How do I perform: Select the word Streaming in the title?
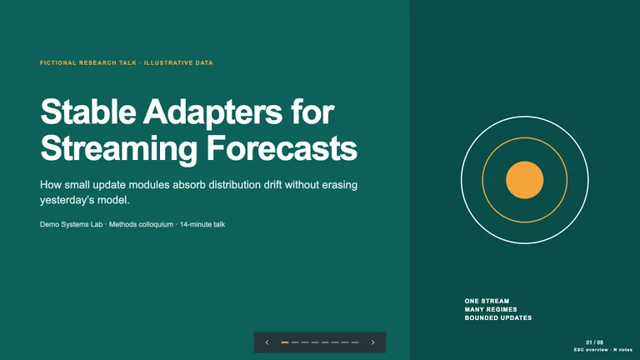point(119,150)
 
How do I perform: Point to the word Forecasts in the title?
point(282,147)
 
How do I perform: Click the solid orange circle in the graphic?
point(524,180)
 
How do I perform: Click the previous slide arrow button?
point(267,342)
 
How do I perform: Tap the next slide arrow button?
point(372,342)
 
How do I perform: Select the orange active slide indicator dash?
point(285,342)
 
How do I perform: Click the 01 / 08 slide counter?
point(594,342)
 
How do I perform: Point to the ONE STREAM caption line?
point(487,301)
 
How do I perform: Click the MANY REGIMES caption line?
point(491,309)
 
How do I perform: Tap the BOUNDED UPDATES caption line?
point(498,317)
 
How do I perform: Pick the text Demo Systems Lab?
point(72,224)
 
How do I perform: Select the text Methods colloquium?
point(141,224)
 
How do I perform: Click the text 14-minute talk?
point(202,224)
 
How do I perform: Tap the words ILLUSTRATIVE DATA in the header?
point(178,62)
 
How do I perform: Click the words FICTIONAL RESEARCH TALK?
point(88,62)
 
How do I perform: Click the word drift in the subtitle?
point(272,185)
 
